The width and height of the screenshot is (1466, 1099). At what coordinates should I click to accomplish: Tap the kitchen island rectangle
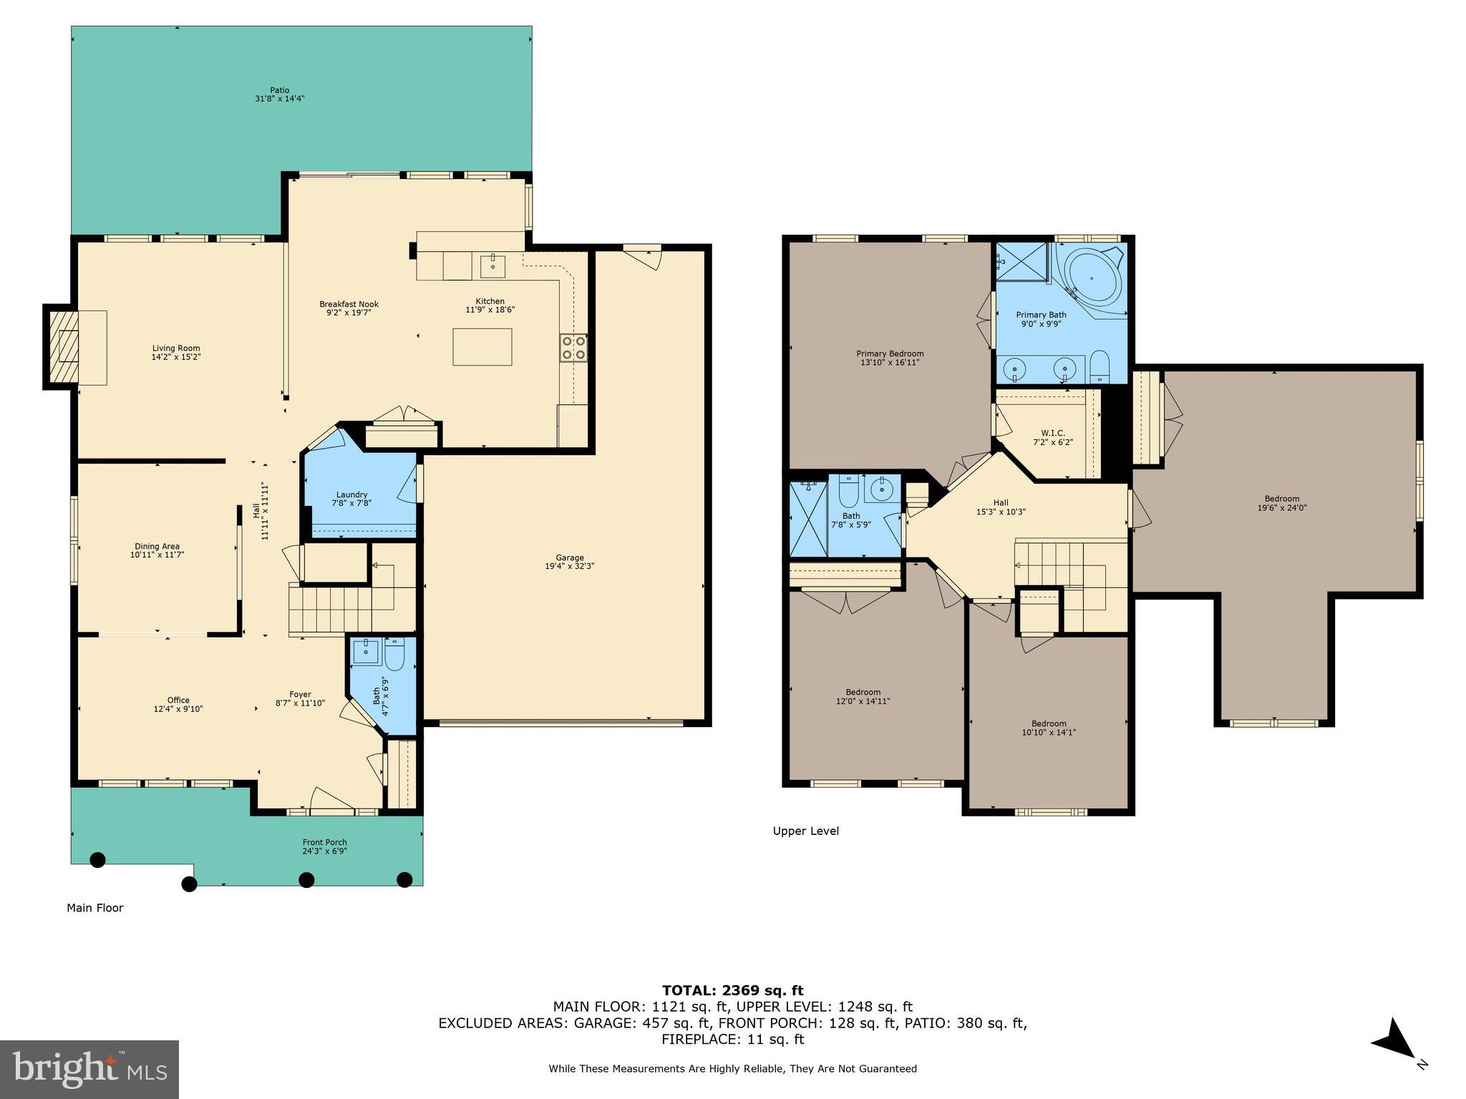coord(482,347)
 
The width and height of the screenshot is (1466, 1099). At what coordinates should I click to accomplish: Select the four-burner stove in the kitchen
coord(573,348)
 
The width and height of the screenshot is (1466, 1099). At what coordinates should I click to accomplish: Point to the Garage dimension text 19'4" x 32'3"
coord(570,566)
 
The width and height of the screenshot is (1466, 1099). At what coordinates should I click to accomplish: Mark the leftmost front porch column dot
coord(97,859)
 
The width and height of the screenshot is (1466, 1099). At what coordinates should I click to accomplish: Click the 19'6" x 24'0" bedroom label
coord(1281,503)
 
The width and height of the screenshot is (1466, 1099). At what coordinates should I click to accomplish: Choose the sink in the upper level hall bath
coord(880,489)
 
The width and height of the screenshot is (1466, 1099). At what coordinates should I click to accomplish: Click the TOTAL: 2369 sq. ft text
coord(732,991)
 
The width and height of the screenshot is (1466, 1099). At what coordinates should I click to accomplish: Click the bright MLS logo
coord(89,1070)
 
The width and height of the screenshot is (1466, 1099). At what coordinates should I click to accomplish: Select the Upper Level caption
coord(805,831)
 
